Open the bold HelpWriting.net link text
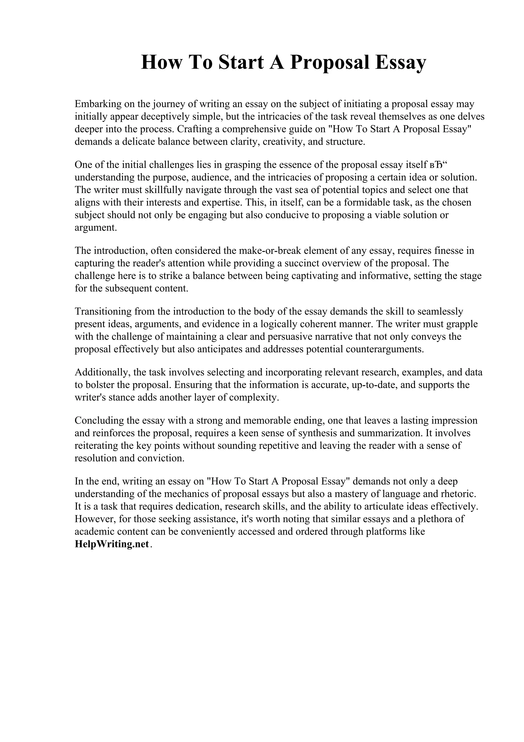point(112,544)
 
